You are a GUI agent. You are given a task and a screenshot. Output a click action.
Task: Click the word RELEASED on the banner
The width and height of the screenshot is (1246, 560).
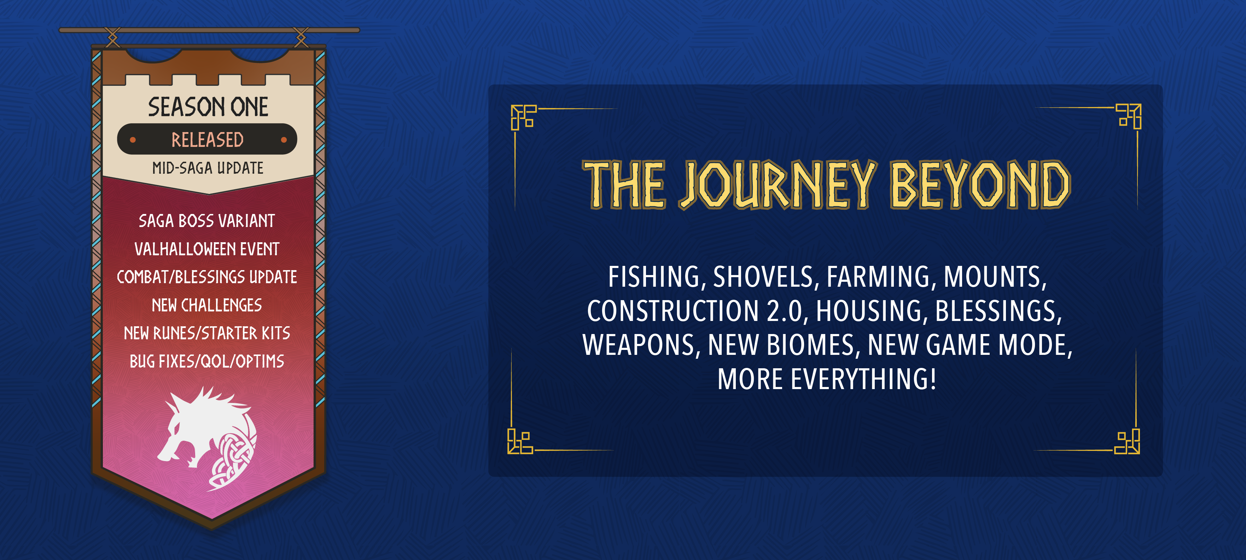(208, 139)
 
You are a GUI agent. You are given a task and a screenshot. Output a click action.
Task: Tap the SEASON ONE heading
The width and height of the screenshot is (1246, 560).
(208, 107)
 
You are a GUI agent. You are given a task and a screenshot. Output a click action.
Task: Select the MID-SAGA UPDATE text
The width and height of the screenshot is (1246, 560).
(208, 168)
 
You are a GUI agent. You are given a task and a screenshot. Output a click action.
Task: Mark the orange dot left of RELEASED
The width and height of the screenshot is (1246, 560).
(133, 140)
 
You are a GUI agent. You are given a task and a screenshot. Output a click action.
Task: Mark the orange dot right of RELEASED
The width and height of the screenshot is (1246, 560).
(284, 140)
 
